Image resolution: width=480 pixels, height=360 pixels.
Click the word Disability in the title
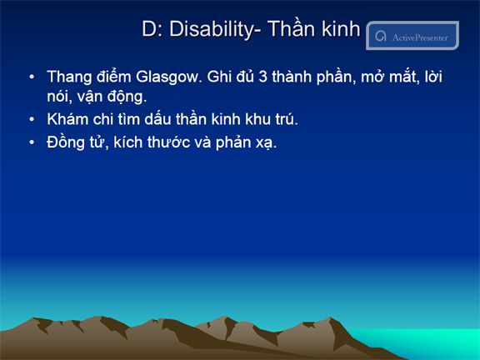pos(212,30)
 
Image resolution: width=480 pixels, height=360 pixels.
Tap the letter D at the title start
pos(149,29)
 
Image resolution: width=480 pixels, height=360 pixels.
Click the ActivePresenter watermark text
pos(420,37)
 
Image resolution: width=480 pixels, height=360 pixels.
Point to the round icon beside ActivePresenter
pos(381,36)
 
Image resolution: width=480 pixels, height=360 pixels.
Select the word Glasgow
pos(167,77)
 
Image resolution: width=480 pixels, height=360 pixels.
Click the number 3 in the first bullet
pos(263,77)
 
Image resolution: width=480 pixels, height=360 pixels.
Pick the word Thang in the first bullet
pos(69,77)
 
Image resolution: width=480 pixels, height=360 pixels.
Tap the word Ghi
pos(218,76)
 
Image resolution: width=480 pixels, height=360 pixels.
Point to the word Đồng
pos(66,142)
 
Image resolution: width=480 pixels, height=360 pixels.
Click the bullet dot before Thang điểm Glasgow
pos(32,77)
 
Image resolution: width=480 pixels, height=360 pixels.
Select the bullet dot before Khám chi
pos(32,119)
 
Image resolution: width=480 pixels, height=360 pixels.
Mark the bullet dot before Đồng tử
pos(32,142)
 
